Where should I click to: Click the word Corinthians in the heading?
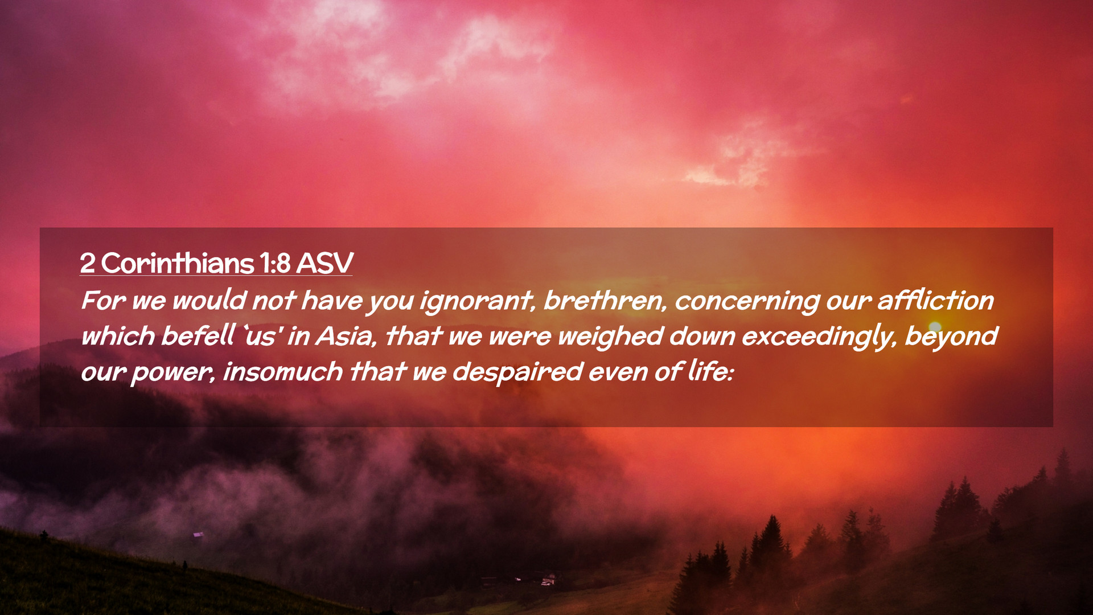(x=178, y=263)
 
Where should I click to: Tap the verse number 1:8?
(x=275, y=263)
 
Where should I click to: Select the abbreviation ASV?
(x=324, y=263)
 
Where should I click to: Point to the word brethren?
(x=605, y=300)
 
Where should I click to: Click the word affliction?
(x=935, y=300)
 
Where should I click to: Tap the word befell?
(x=198, y=335)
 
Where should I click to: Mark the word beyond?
(x=951, y=337)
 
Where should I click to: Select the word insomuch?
(x=283, y=371)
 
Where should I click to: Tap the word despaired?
(x=517, y=372)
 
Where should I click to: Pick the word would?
(x=209, y=300)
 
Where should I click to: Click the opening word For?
(x=103, y=300)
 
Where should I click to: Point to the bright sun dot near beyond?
(x=935, y=327)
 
